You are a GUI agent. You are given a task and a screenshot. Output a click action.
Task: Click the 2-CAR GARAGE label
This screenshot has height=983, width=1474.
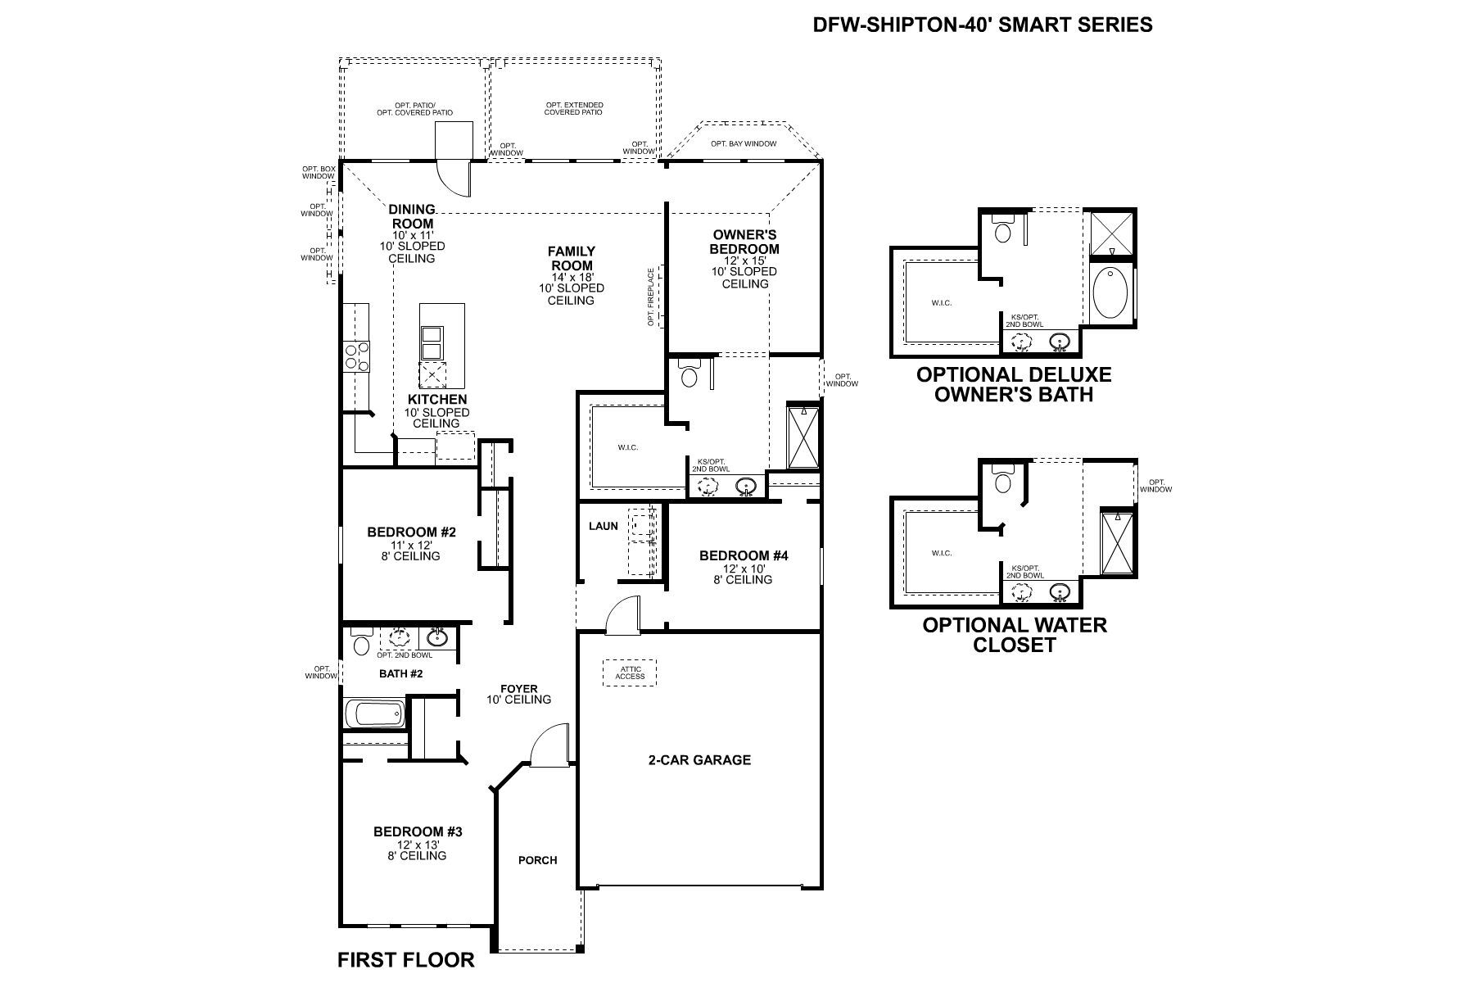(x=699, y=759)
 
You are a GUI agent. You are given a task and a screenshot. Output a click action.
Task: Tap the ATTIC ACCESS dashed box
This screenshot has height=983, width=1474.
(x=631, y=673)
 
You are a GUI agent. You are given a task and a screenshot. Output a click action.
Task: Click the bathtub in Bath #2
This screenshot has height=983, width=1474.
(x=375, y=713)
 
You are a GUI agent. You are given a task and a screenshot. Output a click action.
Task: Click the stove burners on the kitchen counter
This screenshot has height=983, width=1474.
(x=355, y=356)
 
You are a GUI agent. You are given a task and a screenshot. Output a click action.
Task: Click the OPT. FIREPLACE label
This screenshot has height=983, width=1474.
(x=651, y=297)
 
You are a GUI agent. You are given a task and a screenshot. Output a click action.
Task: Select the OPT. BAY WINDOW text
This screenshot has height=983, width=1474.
(x=743, y=144)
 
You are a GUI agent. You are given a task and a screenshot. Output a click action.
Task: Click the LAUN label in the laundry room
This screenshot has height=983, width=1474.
(x=604, y=526)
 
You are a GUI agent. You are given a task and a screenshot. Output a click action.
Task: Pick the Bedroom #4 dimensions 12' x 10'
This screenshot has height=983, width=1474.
(x=743, y=568)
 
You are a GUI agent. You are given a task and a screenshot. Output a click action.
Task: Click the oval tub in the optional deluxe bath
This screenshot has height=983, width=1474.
(x=1111, y=292)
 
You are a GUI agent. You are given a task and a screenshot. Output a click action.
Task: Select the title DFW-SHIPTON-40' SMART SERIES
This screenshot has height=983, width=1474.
(x=982, y=25)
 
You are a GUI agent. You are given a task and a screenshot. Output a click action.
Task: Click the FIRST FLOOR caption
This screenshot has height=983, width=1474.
(x=405, y=959)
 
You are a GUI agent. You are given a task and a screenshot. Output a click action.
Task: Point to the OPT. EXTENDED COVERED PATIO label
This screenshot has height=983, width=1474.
(x=573, y=108)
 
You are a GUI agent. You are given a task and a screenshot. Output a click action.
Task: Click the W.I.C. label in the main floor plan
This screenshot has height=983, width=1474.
(x=627, y=447)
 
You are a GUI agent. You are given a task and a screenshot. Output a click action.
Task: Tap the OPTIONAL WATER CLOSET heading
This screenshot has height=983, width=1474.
(x=1014, y=635)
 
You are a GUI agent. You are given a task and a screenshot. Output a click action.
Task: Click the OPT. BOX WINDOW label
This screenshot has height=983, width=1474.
(x=319, y=172)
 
